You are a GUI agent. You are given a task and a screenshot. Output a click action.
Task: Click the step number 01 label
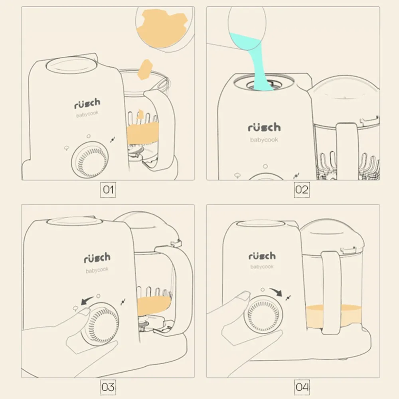108,190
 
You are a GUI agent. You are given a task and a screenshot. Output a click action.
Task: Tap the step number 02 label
302,190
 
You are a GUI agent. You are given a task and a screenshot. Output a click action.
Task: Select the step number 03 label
108,387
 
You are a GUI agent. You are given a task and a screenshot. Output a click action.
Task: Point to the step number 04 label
302,387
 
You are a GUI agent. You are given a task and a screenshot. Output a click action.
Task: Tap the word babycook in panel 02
264,140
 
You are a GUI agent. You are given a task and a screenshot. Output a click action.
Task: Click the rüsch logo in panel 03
97,258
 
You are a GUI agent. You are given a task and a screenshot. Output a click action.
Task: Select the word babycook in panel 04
262,267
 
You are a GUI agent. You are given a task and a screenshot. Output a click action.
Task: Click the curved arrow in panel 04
277,291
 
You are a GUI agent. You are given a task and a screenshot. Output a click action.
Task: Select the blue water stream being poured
257,63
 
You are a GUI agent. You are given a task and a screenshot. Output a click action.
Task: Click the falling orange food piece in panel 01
144,69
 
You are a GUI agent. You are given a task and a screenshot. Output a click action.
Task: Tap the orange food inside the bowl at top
162,28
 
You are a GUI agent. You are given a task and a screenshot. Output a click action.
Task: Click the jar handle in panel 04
331,292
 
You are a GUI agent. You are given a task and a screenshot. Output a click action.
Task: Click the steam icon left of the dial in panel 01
67,148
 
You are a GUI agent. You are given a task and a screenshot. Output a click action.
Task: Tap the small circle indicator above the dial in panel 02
265,166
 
